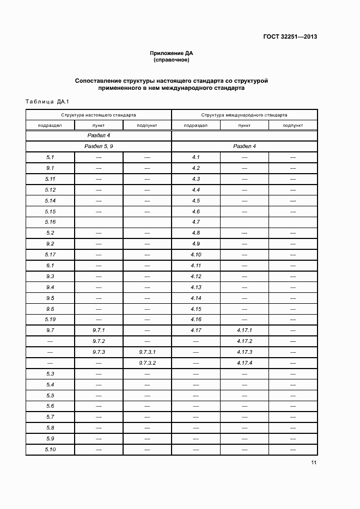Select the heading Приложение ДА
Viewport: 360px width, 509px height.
click(172, 53)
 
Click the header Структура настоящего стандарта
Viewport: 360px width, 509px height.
click(99, 115)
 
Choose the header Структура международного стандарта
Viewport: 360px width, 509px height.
click(245, 115)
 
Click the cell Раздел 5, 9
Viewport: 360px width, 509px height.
click(99, 146)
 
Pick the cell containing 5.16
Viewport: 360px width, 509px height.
click(50, 222)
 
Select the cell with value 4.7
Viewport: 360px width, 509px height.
click(196, 222)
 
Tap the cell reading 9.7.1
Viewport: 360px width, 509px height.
click(99, 330)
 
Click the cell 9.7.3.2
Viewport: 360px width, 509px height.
click(147, 363)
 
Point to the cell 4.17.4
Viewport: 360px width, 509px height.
click(245, 363)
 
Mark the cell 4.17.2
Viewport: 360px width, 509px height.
click(245, 341)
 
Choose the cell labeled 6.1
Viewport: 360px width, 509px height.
click(50, 266)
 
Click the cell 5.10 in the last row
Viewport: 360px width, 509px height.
click(50, 450)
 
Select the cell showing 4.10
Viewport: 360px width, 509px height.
click(196, 255)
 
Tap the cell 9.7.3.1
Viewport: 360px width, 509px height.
click(147, 352)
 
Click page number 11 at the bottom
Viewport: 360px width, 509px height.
click(314, 463)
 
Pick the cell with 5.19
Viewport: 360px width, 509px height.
click(50, 320)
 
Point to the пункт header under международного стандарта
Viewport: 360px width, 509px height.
click(245, 125)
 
